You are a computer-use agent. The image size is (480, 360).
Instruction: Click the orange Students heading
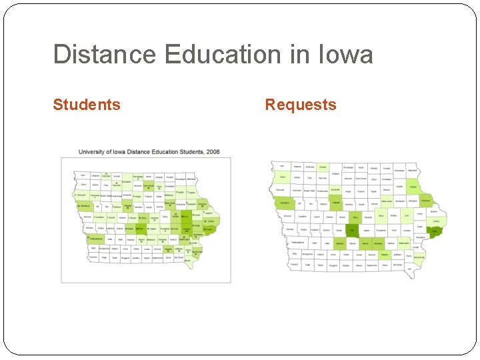coord(87,105)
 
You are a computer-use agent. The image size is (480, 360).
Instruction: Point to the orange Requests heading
coord(301,105)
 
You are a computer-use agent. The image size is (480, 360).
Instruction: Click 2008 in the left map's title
coord(213,152)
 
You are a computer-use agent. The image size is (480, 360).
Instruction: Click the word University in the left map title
coord(93,152)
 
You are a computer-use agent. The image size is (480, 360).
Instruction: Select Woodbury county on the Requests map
coord(285,203)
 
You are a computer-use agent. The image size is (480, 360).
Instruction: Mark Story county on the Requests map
coord(355,217)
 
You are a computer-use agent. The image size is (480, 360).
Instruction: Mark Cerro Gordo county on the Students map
coord(151,185)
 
